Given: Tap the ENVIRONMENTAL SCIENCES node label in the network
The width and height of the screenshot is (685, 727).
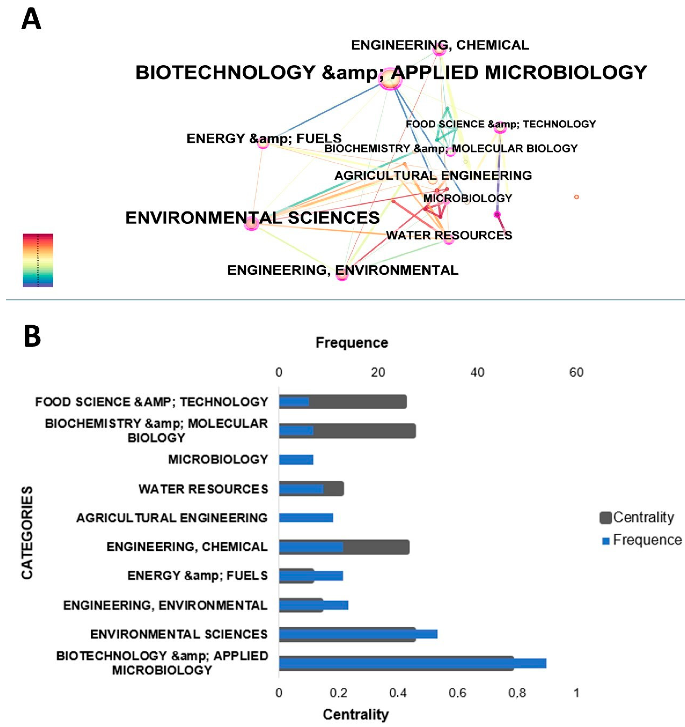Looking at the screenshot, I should click(x=252, y=218).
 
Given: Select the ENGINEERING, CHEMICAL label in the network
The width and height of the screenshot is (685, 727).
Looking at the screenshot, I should click(x=440, y=45).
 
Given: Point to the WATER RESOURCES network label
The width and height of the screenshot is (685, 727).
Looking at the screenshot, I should click(x=449, y=235).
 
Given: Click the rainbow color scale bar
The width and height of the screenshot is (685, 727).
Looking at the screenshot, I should click(x=38, y=260).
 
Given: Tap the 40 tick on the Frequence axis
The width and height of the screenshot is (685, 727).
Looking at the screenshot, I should click(x=477, y=372).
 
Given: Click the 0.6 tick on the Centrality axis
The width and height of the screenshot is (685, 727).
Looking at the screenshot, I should click(x=457, y=693).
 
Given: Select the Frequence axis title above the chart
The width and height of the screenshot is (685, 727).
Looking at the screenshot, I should click(x=352, y=343).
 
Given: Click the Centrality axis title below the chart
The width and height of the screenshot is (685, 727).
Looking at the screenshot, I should click(x=355, y=715).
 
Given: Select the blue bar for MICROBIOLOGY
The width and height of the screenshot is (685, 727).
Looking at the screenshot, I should click(x=296, y=460).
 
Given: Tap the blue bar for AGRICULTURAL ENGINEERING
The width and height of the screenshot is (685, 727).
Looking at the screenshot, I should click(x=306, y=518).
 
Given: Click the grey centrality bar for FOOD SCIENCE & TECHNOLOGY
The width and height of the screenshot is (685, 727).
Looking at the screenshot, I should click(x=359, y=402).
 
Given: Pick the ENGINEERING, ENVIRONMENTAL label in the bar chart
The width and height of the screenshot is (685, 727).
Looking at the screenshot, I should click(x=165, y=605).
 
